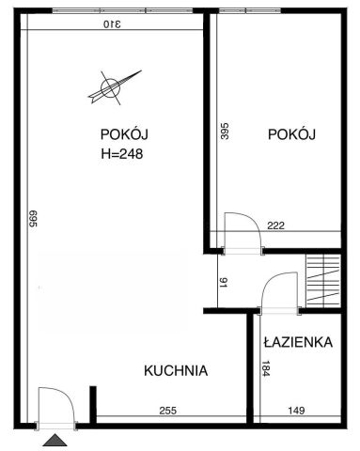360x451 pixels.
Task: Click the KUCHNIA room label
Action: click(x=175, y=371)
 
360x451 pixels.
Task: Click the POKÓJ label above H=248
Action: click(x=119, y=132)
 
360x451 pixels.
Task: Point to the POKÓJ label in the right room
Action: click(x=290, y=135)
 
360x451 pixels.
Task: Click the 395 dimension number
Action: click(x=224, y=131)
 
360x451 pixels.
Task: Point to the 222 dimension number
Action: click(x=275, y=225)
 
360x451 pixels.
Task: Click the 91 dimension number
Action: click(x=222, y=281)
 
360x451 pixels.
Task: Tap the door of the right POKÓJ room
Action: click(x=240, y=232)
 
